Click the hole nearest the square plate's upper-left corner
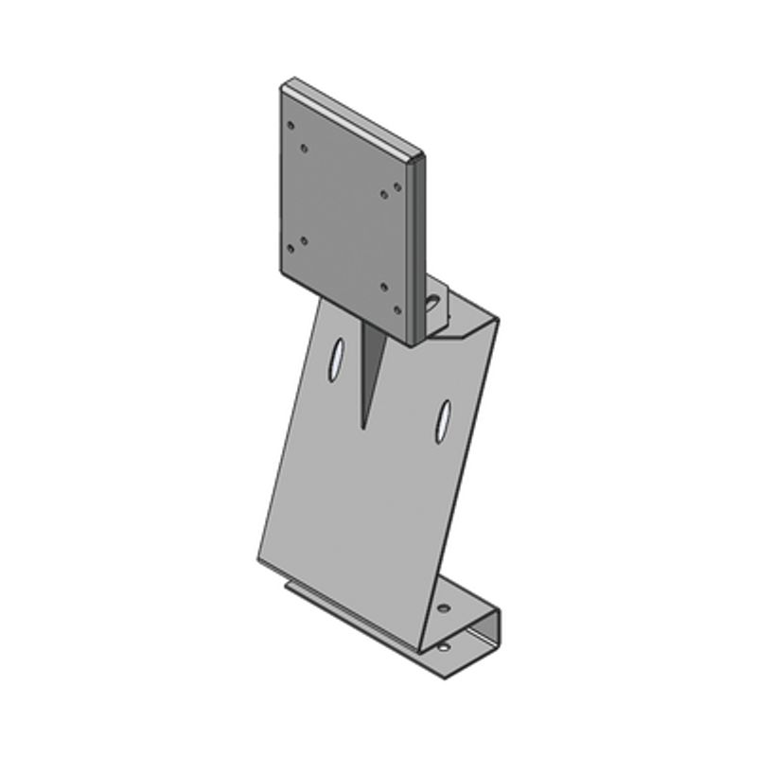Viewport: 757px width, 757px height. click(291, 124)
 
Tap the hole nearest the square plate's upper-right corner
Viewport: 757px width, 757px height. click(396, 185)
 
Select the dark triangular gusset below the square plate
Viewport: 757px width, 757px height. click(370, 364)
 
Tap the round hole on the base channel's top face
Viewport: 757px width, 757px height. click(444, 606)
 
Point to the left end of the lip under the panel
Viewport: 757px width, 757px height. click(288, 587)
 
